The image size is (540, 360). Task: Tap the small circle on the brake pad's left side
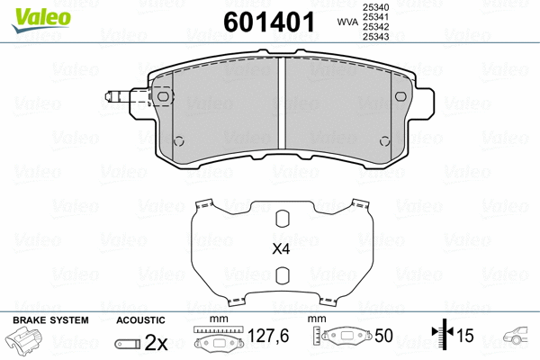(x=178, y=139)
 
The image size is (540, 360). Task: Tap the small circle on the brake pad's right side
(x=385, y=139)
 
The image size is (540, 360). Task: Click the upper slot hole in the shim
(x=282, y=220)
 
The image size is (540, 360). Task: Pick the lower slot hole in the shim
(x=282, y=276)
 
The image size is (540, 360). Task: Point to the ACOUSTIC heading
(x=140, y=320)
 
